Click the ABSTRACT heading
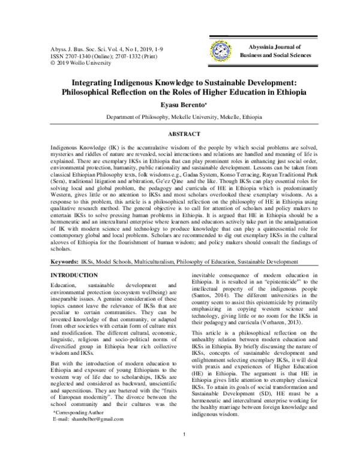pyautogui.click(x=179, y=132)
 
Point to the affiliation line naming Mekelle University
pyautogui.click(x=180, y=118)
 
